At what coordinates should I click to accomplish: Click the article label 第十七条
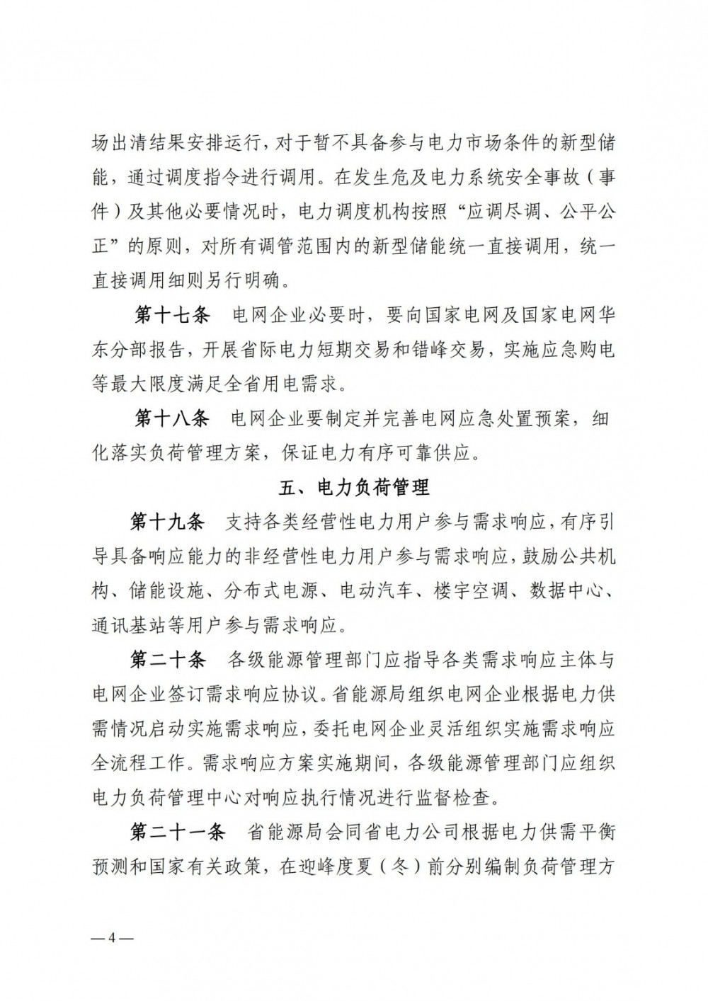click(172, 316)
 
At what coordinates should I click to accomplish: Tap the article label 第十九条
click(168, 522)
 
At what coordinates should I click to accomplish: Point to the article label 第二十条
click(168, 660)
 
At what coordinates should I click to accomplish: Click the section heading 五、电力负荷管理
click(353, 488)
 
